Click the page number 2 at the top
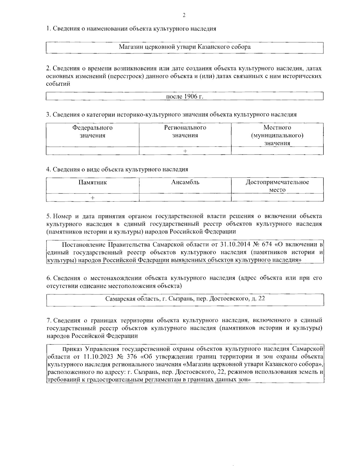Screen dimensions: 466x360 pyautogui.click(x=184, y=15)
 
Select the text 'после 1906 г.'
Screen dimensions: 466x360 pyautogui.click(x=184, y=96)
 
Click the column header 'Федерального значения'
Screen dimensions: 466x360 pyautogui.click(x=92, y=131)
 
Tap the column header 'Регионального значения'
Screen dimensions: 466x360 pyautogui.click(x=185, y=131)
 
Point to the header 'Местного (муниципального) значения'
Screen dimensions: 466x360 pyautogui.click(x=277, y=135)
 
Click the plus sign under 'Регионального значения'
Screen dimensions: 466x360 pyautogui.click(x=185, y=151)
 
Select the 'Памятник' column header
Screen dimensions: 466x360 pyautogui.click(x=92, y=182)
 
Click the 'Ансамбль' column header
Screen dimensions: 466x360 pyautogui.click(x=185, y=182)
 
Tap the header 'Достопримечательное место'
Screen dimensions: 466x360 pyautogui.click(x=277, y=186)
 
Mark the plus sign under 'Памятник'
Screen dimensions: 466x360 pyautogui.click(x=93, y=198)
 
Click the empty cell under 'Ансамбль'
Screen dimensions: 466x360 pyautogui.click(x=185, y=198)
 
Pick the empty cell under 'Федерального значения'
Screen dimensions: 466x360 pyautogui.click(x=92, y=151)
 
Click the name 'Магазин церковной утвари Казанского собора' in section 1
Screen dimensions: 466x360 pyautogui.click(x=184, y=47)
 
